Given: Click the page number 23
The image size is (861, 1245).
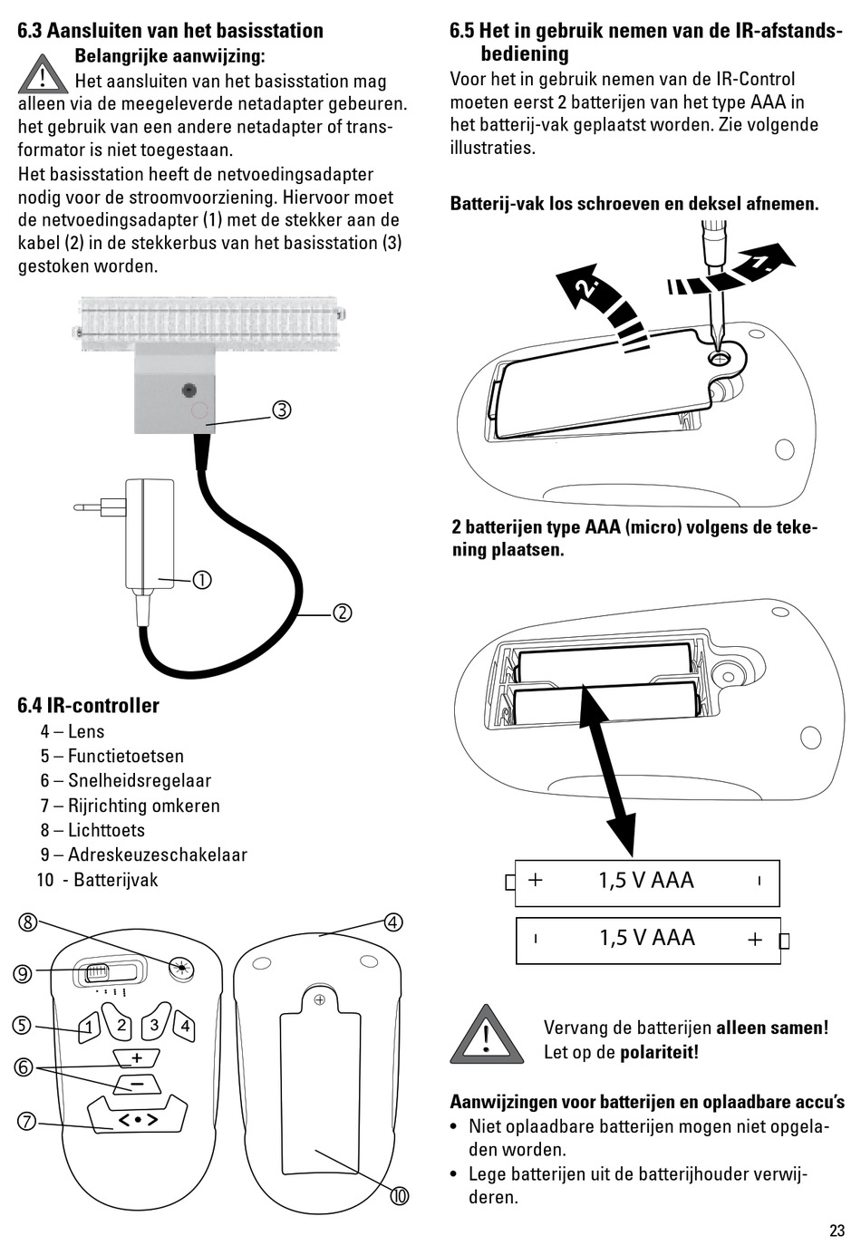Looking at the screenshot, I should [836, 1230].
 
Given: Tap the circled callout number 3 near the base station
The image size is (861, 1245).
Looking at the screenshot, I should [282, 410].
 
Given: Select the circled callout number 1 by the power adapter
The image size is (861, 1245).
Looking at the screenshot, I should [201, 580].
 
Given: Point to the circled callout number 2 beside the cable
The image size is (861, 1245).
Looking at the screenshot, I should [342, 613].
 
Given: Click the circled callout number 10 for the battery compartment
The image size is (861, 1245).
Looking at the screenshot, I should [400, 1196].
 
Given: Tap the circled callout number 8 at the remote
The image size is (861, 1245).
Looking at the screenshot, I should [28, 922].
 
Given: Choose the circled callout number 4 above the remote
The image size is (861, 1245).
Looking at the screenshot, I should [392, 922].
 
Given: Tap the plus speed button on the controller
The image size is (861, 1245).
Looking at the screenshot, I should [137, 1057].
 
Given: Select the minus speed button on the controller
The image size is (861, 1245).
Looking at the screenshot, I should [137, 1083].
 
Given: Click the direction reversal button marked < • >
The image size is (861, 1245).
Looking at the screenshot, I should [138, 1120].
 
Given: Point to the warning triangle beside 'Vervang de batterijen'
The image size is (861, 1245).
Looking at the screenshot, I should [487, 1037].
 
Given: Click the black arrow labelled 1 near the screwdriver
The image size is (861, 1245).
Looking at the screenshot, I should [759, 264].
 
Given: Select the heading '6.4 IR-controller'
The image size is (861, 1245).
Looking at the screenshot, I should [88, 706].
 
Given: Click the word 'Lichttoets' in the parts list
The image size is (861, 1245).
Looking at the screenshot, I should [106, 830].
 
